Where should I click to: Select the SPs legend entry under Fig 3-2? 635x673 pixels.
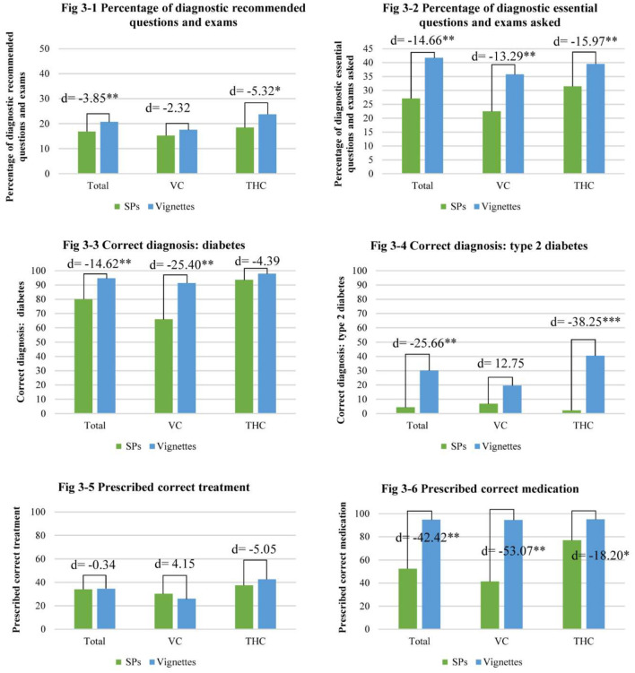point(448,205)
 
